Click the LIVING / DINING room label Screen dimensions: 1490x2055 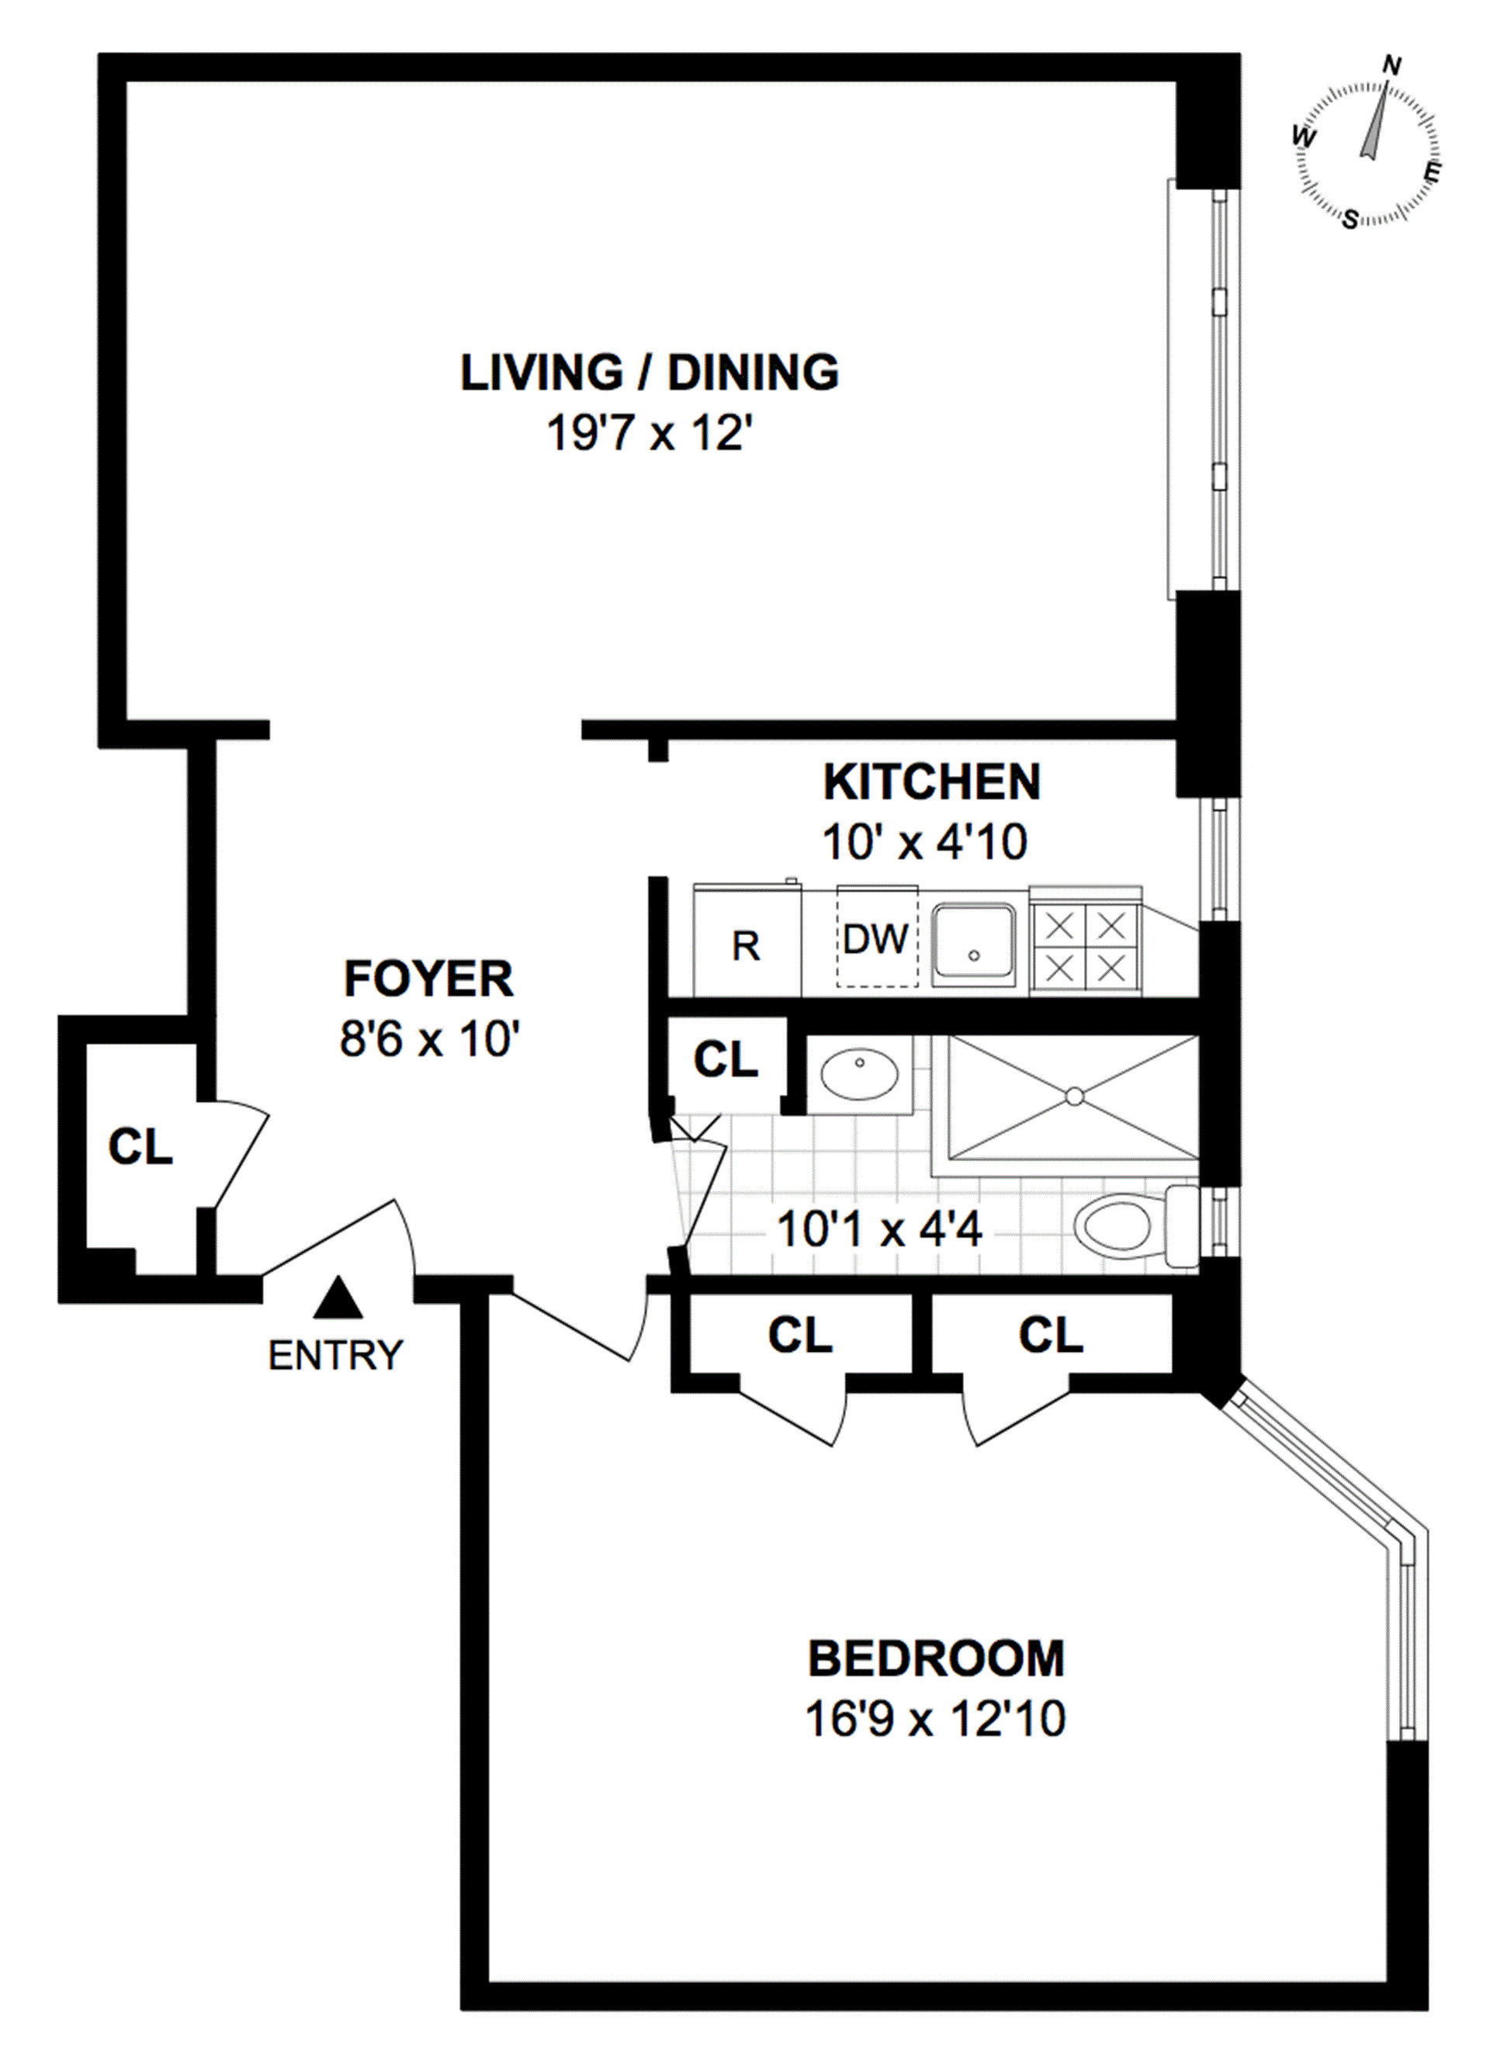pyautogui.click(x=650, y=373)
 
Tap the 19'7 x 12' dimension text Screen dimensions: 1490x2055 pyautogui.click(x=650, y=433)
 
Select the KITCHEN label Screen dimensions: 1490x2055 pyautogui.click(x=932, y=782)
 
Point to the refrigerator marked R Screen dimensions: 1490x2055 pyautogui.click(x=747, y=941)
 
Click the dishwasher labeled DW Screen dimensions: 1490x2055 pyautogui.click(x=876, y=937)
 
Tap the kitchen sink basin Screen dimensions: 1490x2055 pyautogui.click(x=974, y=943)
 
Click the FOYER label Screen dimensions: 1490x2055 pyautogui.click(x=428, y=979)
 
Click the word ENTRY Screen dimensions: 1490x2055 pyautogui.click(x=335, y=1356)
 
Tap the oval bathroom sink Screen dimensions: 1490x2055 pyautogui.click(x=859, y=1075)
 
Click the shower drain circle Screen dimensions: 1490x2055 pyautogui.click(x=1075, y=1097)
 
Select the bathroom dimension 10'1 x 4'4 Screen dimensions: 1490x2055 pyautogui.click(x=879, y=1231)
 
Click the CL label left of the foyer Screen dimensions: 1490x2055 pyautogui.click(x=140, y=1147)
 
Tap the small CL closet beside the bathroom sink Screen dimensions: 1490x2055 pyautogui.click(x=726, y=1059)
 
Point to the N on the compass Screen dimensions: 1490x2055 pyautogui.click(x=1392, y=65)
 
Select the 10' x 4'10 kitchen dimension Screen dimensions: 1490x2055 pyautogui.click(x=924, y=842)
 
